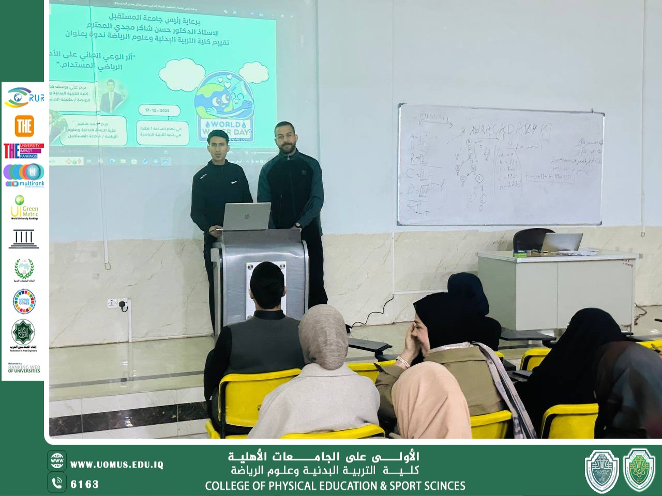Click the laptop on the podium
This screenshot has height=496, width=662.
(x=247, y=216)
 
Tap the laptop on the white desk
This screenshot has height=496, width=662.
(x=561, y=242)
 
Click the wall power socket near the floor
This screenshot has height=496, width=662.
(x=118, y=304)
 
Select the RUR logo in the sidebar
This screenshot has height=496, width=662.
(x=24, y=97)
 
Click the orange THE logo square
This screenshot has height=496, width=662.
(x=24, y=126)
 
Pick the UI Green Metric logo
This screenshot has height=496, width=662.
(x=24, y=208)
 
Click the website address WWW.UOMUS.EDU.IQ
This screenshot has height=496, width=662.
(x=117, y=464)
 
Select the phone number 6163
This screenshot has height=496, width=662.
(x=85, y=484)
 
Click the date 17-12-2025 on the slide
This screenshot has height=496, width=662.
(x=157, y=111)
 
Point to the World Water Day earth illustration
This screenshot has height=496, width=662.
(x=224, y=101)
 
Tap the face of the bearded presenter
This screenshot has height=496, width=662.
(x=285, y=138)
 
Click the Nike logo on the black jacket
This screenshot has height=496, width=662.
(x=234, y=182)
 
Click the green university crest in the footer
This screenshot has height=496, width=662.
(x=639, y=470)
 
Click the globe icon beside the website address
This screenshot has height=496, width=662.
(x=57, y=461)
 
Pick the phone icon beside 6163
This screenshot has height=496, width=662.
(x=57, y=483)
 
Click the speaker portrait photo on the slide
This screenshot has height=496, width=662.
(x=112, y=97)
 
